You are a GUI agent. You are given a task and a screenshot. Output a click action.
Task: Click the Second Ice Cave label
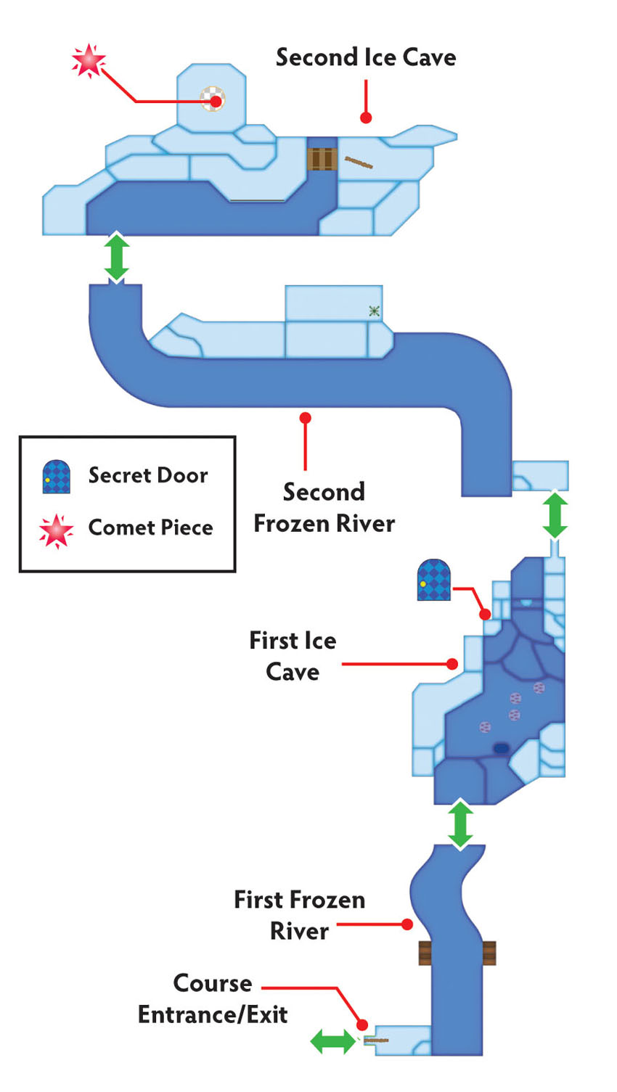[366, 57]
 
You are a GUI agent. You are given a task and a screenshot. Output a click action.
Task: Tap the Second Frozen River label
[324, 507]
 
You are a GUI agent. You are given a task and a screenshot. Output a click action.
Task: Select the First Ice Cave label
[293, 656]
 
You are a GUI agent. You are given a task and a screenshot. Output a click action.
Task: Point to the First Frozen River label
[300, 916]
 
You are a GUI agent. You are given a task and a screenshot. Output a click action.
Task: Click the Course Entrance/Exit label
[213, 999]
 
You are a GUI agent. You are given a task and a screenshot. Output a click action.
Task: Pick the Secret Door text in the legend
[148, 475]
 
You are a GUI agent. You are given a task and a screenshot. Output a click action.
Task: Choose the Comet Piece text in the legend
[151, 527]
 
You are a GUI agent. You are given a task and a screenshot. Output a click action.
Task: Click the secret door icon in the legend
[57, 477]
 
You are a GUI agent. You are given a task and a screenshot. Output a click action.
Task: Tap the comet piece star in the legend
[56, 531]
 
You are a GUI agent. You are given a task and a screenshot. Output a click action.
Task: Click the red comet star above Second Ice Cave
[89, 61]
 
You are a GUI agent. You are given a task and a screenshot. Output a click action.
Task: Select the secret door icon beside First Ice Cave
[433, 580]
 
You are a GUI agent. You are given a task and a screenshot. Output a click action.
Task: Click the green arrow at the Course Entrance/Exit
[334, 1042]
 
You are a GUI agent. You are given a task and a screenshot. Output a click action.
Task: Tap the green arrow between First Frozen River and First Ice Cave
[460, 824]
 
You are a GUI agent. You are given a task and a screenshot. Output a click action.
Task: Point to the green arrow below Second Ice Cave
[117, 257]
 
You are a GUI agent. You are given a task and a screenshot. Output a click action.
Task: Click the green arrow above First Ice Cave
[555, 515]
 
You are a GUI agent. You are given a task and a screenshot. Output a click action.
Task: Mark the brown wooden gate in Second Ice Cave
[322, 159]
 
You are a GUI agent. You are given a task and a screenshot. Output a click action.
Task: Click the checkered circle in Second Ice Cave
[213, 99]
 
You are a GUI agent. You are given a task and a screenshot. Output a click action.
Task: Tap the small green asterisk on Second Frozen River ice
[374, 311]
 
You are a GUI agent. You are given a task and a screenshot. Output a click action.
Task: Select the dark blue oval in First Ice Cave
[501, 748]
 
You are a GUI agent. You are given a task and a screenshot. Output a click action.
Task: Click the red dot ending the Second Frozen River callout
[306, 418]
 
